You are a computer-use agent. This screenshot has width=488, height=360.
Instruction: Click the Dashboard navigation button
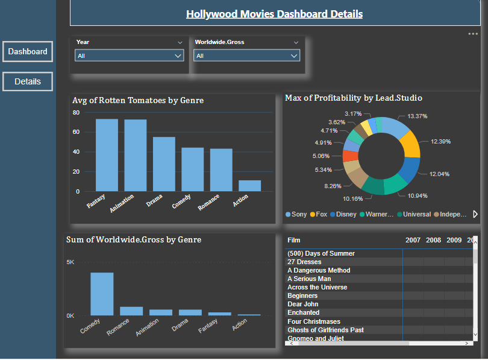click(x=27, y=52)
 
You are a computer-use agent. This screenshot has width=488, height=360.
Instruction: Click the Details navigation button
click(x=27, y=81)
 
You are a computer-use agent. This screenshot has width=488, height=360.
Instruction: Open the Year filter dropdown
click(x=129, y=55)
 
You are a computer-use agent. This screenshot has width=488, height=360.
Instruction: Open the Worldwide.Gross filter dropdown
click(x=246, y=55)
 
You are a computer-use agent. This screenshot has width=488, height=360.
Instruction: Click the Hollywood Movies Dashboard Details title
click(x=274, y=14)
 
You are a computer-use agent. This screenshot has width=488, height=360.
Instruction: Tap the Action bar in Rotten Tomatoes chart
click(x=249, y=186)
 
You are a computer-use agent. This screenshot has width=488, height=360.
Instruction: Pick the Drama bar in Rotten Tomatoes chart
click(x=164, y=164)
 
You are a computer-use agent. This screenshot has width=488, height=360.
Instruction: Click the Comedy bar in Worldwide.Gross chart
click(x=102, y=294)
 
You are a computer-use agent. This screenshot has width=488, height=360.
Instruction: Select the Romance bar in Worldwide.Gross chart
click(x=131, y=311)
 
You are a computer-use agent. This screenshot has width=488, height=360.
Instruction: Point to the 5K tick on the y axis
click(x=70, y=262)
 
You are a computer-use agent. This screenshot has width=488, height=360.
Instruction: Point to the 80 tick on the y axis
click(x=76, y=113)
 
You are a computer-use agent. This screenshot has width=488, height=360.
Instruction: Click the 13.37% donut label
click(x=418, y=116)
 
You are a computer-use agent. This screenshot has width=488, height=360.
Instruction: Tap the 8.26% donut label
click(x=333, y=186)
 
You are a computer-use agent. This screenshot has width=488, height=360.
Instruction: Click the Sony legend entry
click(x=296, y=214)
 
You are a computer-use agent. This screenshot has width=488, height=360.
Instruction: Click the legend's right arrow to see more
click(x=475, y=214)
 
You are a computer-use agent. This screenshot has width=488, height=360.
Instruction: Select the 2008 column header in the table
click(x=433, y=240)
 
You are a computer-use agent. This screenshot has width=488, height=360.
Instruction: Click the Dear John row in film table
click(x=303, y=305)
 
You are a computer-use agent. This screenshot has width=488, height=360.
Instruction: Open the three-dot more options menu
click(x=473, y=34)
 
